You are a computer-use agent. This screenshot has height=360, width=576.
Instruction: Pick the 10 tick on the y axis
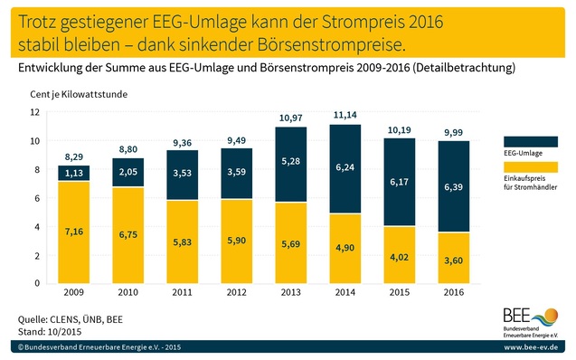pyautogui.click(x=35, y=141)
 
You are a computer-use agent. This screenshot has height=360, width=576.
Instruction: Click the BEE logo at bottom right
pyautogui.click(x=534, y=322)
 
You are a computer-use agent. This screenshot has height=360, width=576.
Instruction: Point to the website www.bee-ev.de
pyautogui.click(x=534, y=347)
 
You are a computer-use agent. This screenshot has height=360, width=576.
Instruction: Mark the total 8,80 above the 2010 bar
pyautogui.click(x=127, y=150)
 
